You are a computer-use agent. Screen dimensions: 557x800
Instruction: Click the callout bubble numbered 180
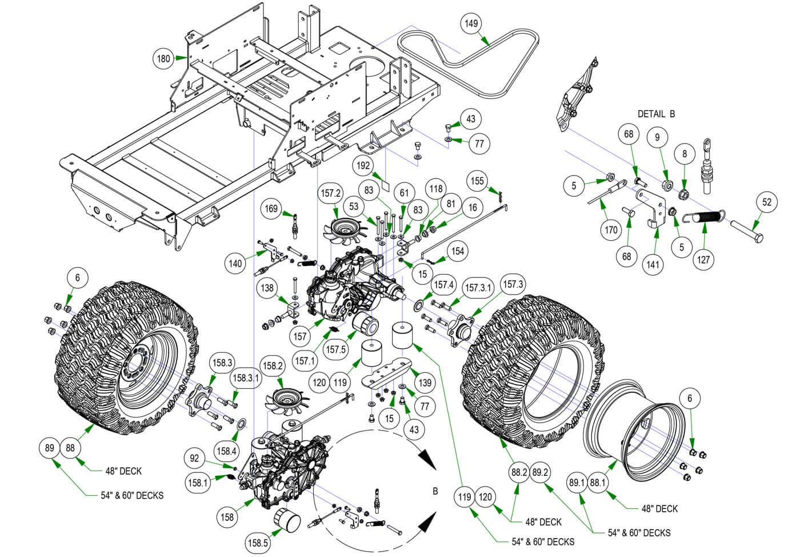tap(163, 58)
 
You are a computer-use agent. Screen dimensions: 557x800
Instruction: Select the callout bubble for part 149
tap(471, 23)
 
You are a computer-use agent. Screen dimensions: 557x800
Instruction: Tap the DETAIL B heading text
tap(656, 114)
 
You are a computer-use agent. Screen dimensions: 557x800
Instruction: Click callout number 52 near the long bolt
tap(767, 202)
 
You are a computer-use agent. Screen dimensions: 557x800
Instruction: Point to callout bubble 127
tap(703, 259)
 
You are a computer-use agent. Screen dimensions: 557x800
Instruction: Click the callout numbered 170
tap(611, 230)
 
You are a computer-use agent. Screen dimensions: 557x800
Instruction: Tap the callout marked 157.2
tap(331, 193)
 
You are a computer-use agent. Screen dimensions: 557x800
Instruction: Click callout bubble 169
tap(272, 208)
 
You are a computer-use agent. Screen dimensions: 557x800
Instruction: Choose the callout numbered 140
tap(235, 263)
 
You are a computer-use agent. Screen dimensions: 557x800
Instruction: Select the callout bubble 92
tap(194, 457)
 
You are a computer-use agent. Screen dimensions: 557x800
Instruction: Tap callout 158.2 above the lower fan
tap(272, 365)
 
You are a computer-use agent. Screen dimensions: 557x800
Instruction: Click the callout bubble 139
tap(426, 383)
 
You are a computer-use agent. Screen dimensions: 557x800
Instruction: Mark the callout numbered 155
tap(477, 181)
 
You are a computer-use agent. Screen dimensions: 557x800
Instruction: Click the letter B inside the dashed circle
tap(435, 491)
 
